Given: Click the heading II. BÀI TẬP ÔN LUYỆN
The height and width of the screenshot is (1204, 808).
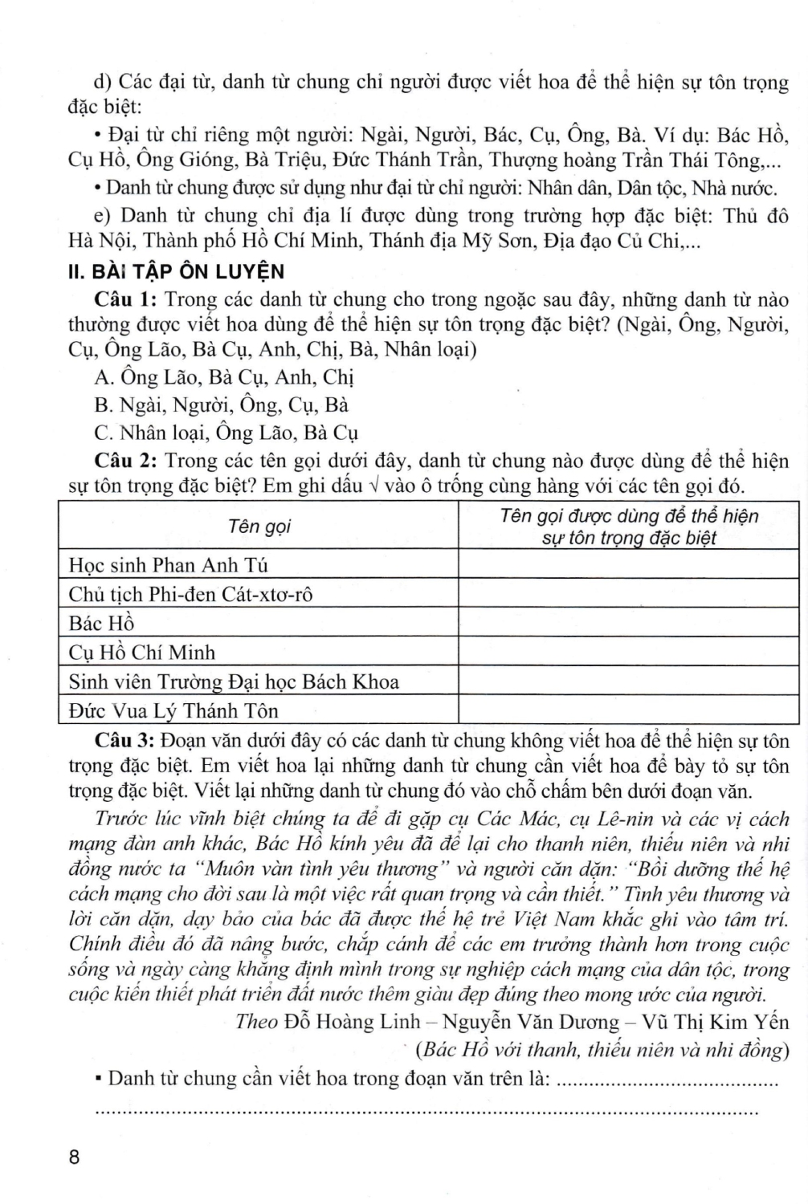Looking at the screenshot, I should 176,271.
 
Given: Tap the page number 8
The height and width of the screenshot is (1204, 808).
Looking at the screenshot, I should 75,1157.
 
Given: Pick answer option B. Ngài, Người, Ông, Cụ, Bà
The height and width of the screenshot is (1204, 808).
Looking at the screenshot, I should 221,405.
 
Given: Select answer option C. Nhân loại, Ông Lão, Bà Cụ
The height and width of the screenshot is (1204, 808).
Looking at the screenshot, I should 226,433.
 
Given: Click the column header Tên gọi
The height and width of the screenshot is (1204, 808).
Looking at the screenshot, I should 259,527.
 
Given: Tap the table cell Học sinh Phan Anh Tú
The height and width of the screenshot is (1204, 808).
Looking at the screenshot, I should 168,565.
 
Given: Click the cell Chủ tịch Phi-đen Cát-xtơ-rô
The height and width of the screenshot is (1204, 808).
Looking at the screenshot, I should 190,595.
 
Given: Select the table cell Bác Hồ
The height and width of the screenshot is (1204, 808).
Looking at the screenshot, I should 101,624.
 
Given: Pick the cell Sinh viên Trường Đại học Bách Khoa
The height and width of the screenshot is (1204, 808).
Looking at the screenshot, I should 234,681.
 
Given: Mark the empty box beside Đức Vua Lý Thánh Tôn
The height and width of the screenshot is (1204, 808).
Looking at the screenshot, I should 628,710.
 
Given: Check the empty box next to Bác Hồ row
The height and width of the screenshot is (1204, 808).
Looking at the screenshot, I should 628,624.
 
